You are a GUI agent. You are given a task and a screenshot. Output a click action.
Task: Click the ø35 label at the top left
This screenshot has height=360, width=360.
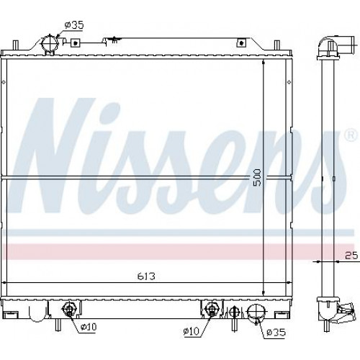pos(74,25)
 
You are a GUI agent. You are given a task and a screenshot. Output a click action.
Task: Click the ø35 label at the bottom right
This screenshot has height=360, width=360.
pos(276,333)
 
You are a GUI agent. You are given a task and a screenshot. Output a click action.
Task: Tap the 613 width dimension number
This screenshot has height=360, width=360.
pos(146,276)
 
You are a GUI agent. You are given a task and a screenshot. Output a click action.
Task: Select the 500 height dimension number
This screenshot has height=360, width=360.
pos(257,177)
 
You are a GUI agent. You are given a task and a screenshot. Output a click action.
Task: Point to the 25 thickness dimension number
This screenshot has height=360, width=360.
pos(351,256)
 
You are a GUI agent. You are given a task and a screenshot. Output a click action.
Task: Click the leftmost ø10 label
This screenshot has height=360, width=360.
pos(89,327)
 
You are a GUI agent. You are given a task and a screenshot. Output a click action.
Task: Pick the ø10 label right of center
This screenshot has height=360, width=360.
pos(191,331)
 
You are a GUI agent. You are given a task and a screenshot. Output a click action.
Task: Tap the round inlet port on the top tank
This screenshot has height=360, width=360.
pos(50,44)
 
